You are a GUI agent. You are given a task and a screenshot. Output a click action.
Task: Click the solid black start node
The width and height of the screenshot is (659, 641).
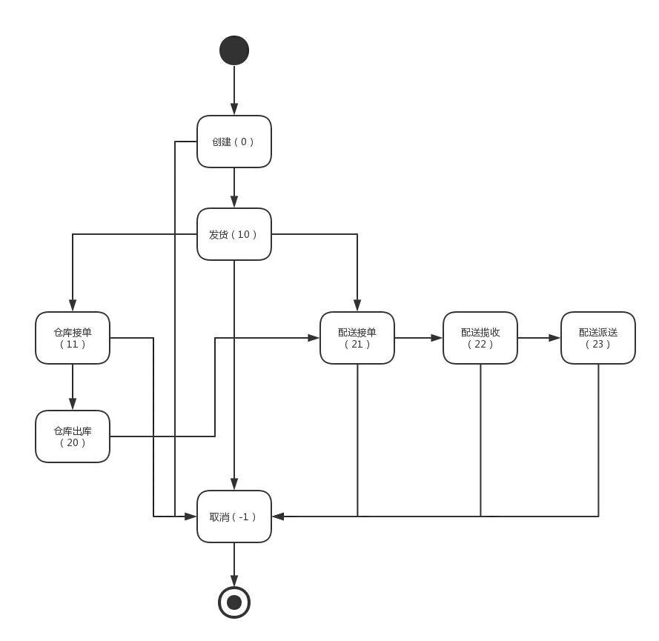click(x=234, y=50)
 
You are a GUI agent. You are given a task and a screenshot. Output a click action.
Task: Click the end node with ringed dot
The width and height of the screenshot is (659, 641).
click(x=234, y=602)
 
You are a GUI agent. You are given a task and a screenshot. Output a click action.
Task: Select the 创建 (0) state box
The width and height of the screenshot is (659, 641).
click(x=234, y=142)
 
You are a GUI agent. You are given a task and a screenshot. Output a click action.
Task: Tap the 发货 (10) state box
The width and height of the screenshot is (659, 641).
click(x=234, y=234)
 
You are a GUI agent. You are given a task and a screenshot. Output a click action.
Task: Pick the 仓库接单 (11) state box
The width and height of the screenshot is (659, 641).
click(x=73, y=338)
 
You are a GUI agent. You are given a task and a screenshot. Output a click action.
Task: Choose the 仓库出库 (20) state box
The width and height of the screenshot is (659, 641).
click(x=73, y=436)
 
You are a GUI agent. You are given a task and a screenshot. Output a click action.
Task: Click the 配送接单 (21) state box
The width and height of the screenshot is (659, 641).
click(x=357, y=338)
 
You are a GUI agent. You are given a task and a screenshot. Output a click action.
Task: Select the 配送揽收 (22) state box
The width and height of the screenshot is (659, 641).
click(x=480, y=338)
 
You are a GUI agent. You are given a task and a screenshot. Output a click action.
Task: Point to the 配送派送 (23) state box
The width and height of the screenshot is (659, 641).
click(x=598, y=338)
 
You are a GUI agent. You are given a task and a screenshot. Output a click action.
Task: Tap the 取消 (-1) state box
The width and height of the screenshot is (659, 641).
click(x=234, y=517)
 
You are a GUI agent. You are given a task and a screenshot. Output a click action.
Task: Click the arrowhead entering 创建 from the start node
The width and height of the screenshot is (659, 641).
click(x=234, y=109)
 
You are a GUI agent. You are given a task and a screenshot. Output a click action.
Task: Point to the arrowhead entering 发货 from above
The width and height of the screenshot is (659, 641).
click(x=234, y=202)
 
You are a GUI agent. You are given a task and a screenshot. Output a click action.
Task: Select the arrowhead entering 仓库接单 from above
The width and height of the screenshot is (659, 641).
click(x=73, y=305)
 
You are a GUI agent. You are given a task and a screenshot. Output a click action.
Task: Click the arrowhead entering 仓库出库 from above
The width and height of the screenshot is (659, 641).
click(x=73, y=404)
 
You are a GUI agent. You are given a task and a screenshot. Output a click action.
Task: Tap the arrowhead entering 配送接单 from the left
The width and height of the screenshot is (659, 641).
click(x=314, y=338)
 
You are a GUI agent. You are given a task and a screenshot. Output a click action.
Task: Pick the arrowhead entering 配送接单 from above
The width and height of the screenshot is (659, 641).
click(x=357, y=305)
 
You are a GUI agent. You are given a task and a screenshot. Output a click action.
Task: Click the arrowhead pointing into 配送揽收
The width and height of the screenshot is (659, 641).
click(x=437, y=338)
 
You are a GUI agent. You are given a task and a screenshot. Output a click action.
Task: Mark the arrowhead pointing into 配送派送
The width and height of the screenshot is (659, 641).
click(x=554, y=338)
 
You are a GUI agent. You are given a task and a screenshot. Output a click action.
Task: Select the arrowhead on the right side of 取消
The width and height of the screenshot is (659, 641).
click(x=278, y=517)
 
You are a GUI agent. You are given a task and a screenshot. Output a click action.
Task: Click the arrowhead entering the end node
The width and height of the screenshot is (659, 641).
click(x=234, y=580)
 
